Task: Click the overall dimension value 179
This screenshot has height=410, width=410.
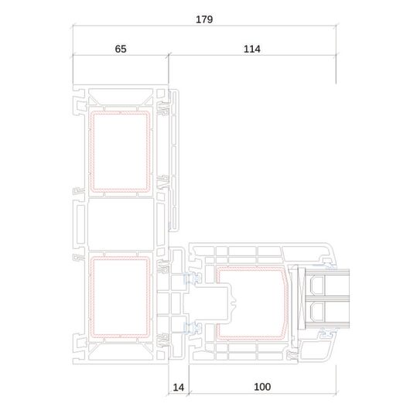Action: [x=204, y=19]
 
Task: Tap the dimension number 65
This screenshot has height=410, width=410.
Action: [x=121, y=49]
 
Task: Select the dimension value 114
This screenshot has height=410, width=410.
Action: [x=252, y=49]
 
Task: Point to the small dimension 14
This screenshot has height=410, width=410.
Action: [x=179, y=388]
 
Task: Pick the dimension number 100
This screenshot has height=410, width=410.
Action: [x=262, y=387]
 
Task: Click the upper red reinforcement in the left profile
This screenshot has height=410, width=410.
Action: [x=91, y=152]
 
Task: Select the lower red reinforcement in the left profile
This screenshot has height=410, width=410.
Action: [x=91, y=297]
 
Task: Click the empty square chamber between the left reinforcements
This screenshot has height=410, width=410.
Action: [x=121, y=224]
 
